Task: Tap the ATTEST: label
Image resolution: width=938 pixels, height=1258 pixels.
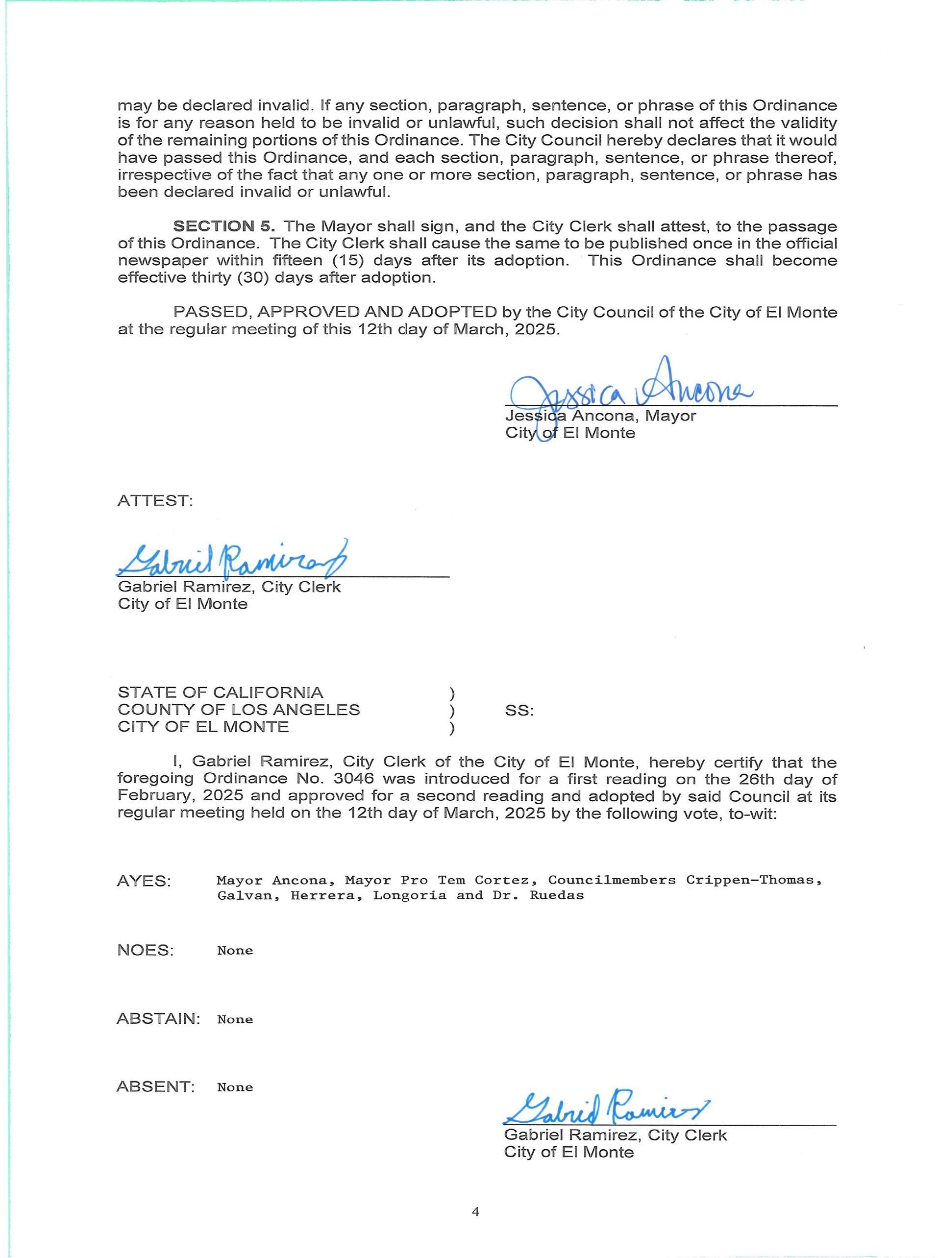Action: [155, 501]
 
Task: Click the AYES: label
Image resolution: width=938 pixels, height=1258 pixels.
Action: [144, 882]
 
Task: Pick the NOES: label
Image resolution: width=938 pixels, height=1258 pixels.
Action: [146, 950]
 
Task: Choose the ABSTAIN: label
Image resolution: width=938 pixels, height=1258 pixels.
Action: [158, 1018]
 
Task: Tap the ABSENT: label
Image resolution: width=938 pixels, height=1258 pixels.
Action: [155, 1086]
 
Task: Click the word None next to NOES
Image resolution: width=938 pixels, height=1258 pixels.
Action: [235, 951]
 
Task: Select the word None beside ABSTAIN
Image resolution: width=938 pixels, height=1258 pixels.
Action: [235, 1019]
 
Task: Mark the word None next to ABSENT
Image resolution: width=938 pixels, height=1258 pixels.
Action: [235, 1087]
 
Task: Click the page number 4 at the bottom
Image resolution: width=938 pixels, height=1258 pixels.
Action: [475, 1212]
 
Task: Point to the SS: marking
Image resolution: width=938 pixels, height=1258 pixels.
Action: [519, 710]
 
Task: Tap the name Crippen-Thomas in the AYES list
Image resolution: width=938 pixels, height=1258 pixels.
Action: [753, 881]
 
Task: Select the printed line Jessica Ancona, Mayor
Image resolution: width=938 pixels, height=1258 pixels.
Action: [601, 416]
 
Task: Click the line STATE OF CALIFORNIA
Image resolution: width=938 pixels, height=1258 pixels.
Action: [221, 692]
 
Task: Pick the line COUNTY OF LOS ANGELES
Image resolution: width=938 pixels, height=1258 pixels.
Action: [239, 710]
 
